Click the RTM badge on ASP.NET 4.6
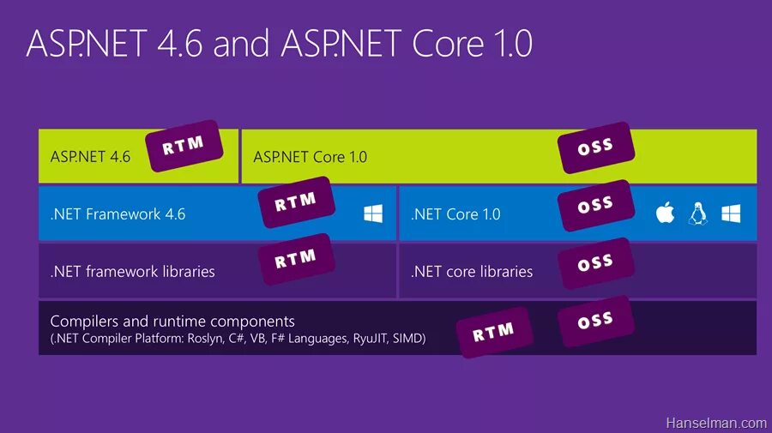pyautogui.click(x=183, y=147)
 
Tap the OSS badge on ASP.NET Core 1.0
pyautogui.click(x=595, y=147)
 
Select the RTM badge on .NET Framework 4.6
pyautogui.click(x=296, y=202)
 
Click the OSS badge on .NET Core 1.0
pyautogui.click(x=595, y=205)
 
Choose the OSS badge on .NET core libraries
pyautogui.click(x=595, y=263)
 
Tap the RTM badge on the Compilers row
pyautogui.click(x=494, y=331)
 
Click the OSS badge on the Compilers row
pyautogui.click(x=595, y=321)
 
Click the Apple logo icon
pyautogui.click(x=665, y=213)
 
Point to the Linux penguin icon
pyautogui.click(x=697, y=213)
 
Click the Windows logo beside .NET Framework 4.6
pyautogui.click(x=373, y=213)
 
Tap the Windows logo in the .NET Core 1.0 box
pyautogui.click(x=731, y=213)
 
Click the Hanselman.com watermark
pyautogui.click(x=716, y=423)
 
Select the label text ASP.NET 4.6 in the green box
pyautogui.click(x=90, y=157)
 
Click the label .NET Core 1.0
pyautogui.click(x=455, y=214)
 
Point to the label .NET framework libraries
pyautogui.click(x=132, y=272)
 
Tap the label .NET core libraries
pyautogui.click(x=471, y=272)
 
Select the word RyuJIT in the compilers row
pyautogui.click(x=372, y=339)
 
